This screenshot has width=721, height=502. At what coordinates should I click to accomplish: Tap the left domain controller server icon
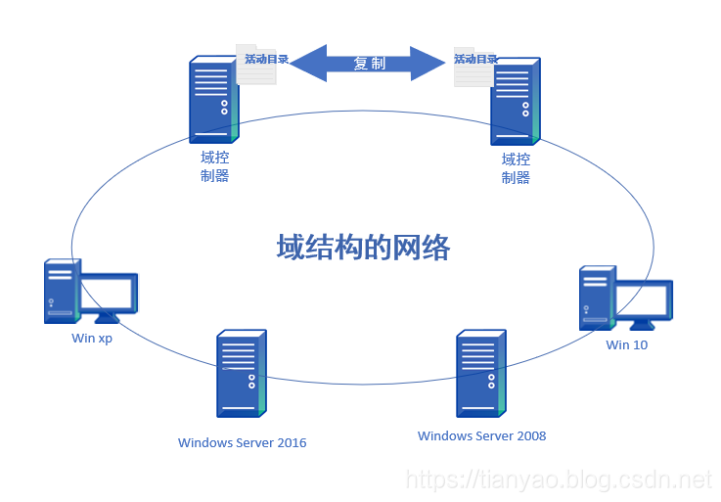click(x=213, y=101)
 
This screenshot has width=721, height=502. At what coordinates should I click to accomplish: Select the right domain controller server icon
click(x=515, y=101)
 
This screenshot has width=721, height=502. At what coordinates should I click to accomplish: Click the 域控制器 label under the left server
click(x=214, y=167)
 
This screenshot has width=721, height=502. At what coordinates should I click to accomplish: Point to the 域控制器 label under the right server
click(x=516, y=167)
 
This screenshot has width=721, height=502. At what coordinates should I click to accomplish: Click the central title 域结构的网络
click(x=363, y=248)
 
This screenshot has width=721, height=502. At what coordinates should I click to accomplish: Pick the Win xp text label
click(x=92, y=339)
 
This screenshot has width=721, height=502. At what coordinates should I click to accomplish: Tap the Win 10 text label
click(x=626, y=344)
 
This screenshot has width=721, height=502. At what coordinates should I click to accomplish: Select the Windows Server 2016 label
click(x=242, y=442)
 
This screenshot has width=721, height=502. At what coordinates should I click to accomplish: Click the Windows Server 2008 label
click(x=481, y=435)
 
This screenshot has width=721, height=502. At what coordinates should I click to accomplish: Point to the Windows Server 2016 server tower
click(x=241, y=374)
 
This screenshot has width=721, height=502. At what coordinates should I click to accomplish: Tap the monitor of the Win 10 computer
click(x=643, y=301)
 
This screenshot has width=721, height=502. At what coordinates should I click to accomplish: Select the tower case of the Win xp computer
click(x=61, y=291)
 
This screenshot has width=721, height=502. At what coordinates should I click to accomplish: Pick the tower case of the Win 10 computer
click(x=596, y=297)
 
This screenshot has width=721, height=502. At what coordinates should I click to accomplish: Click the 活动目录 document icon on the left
click(x=257, y=65)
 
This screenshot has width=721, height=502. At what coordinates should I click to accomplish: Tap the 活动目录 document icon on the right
click(x=473, y=66)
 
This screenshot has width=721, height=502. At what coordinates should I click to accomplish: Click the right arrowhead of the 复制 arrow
click(x=428, y=63)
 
